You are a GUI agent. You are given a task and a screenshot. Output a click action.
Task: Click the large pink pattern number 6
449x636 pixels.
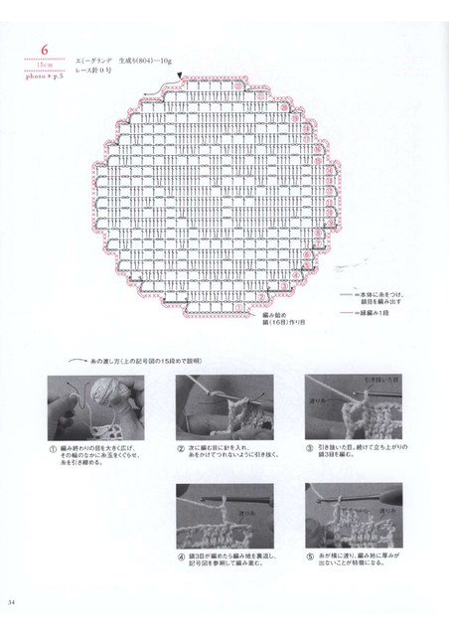pyautogui.click(x=45, y=50)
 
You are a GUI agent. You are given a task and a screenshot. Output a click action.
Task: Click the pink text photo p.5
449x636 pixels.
pyautogui.click(x=44, y=74)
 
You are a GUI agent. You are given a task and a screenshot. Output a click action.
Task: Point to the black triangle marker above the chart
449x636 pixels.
pyautogui.click(x=180, y=76)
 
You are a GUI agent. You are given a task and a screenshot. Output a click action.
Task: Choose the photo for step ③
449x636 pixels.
pyautogui.click(x=353, y=406)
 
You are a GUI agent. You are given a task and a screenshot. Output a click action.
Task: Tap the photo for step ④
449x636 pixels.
pyautogui.click(x=224, y=514)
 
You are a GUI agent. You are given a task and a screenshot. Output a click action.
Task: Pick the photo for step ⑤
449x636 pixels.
pyautogui.click(x=353, y=514)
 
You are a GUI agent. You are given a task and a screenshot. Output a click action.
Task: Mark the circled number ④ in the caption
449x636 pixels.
pyautogui.click(x=181, y=555)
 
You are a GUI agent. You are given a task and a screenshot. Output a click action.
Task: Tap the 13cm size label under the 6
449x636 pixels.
pyautogui.click(x=44, y=66)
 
